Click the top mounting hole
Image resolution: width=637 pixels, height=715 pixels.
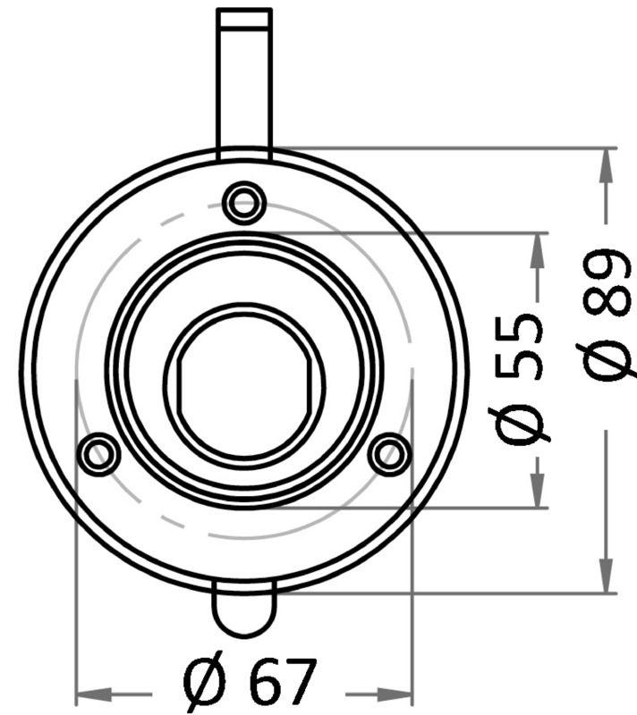point(244,203)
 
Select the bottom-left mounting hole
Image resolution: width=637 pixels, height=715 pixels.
point(98,454)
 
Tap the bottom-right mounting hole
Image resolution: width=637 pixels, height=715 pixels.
point(389,454)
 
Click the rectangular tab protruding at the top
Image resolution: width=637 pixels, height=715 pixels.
point(244,80)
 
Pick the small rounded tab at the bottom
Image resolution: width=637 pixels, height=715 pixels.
point(244,612)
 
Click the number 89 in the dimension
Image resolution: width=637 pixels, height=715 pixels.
point(608,286)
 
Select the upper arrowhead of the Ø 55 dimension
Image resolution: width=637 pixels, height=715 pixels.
point(538,250)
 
